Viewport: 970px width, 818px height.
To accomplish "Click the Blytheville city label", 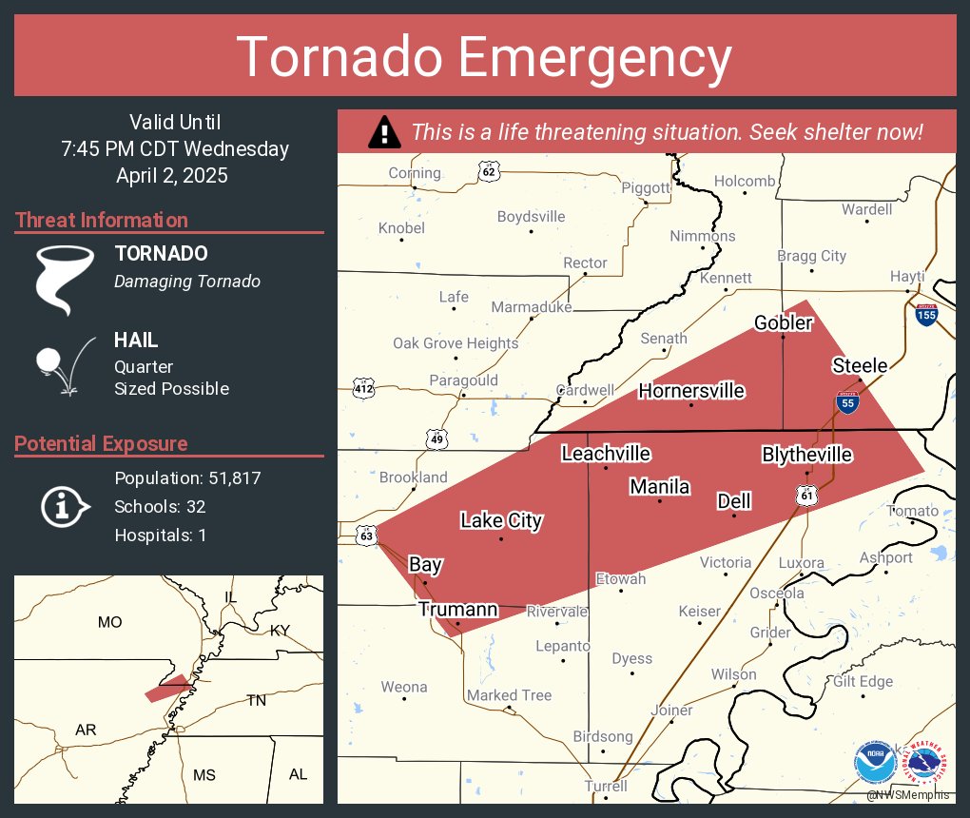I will tap(806, 455).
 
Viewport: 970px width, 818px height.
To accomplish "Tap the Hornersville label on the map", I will tap(691, 391).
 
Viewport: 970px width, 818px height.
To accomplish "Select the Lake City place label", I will tap(501, 520).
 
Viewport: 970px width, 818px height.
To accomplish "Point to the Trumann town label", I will tap(458, 610).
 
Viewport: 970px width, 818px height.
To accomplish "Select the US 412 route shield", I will tap(363, 388).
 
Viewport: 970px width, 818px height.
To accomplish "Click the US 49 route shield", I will tap(436, 438).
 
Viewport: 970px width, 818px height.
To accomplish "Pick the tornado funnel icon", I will tap(65, 280).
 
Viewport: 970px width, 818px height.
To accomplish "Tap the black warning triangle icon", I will tap(384, 132).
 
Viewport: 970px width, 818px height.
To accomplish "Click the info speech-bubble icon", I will tap(64, 506).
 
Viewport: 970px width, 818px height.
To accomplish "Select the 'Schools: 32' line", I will tap(160, 507).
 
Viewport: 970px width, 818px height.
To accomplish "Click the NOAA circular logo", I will tap(874, 763).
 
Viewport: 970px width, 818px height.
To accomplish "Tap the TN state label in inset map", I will tap(257, 700).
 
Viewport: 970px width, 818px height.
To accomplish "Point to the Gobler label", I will tap(784, 323).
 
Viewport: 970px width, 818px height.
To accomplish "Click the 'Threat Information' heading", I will tap(102, 221).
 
